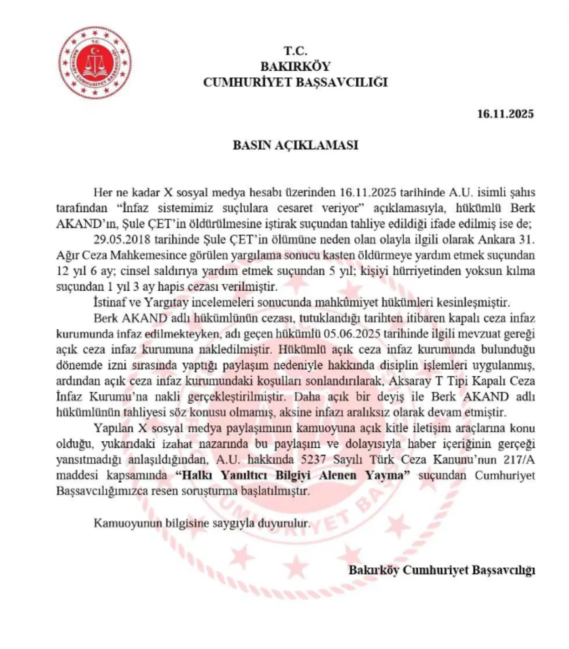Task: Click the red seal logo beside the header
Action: point(95,62)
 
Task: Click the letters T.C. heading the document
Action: point(296,51)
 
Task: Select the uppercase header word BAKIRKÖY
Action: point(296,66)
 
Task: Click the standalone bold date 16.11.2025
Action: point(505,114)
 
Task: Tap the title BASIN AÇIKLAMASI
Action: point(296,145)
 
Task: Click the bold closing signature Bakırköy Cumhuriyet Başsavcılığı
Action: point(442,570)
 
